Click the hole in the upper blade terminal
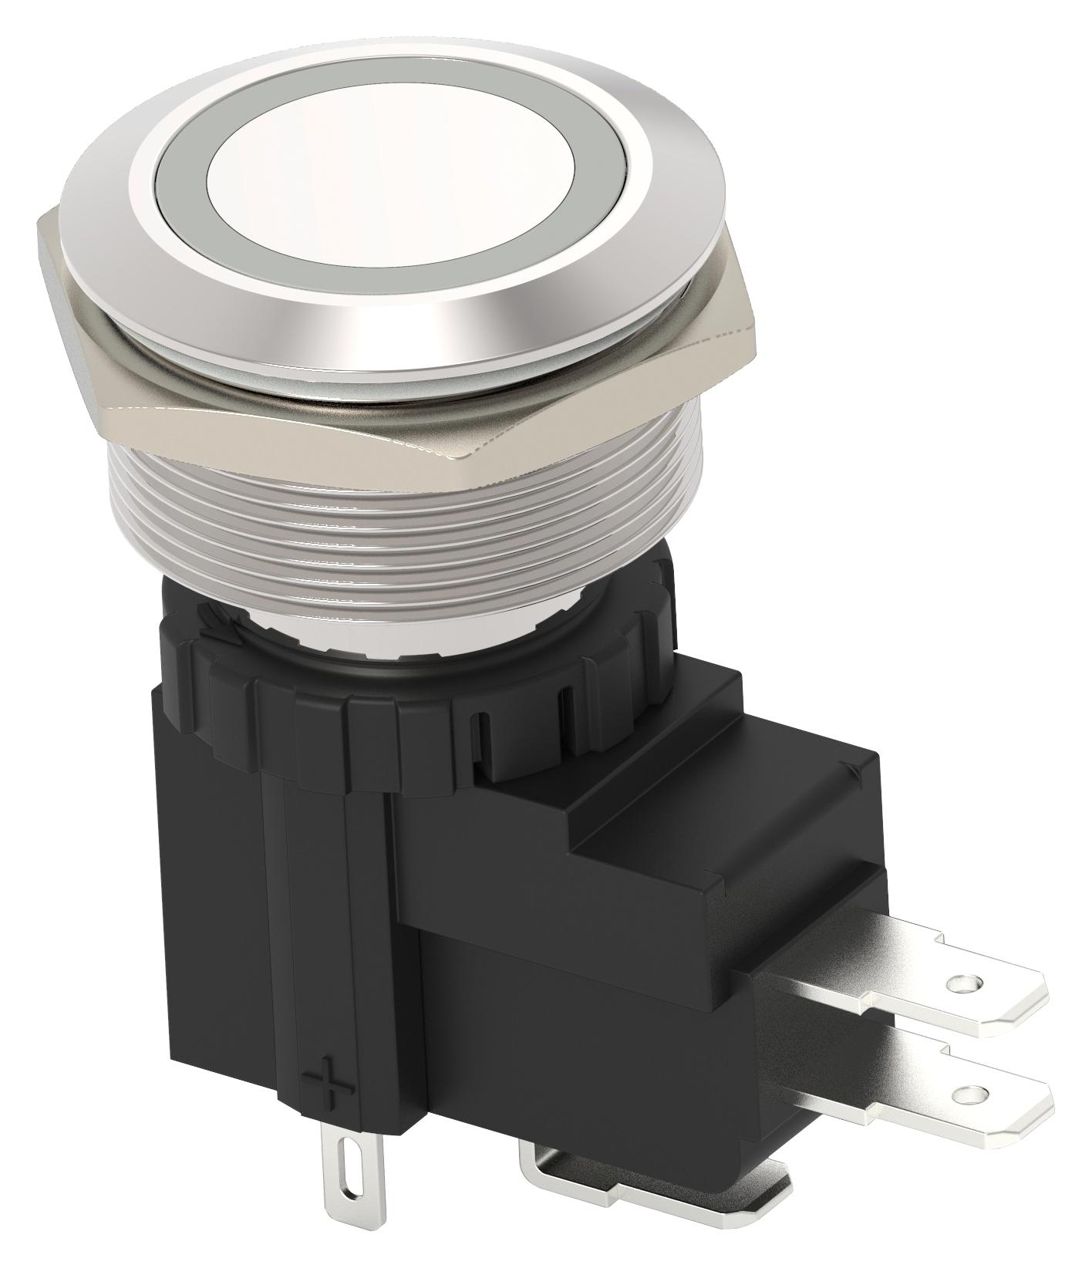tap(960, 983)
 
